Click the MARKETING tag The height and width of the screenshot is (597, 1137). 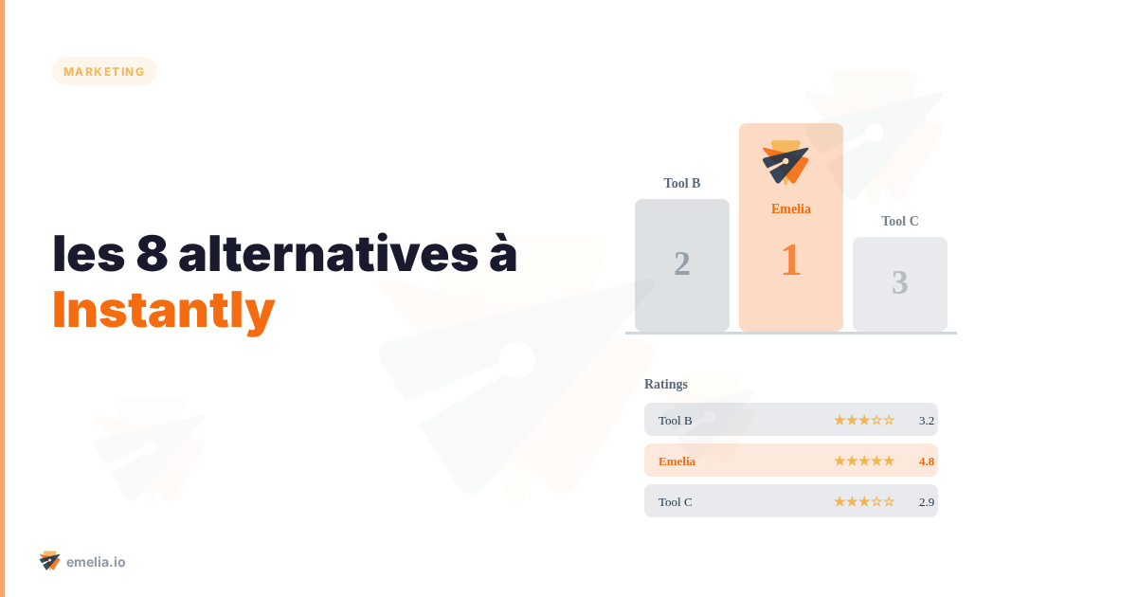click(x=104, y=71)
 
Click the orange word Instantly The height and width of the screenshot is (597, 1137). click(x=163, y=309)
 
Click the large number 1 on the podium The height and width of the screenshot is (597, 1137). click(x=790, y=261)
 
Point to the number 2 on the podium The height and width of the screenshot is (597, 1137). click(x=682, y=263)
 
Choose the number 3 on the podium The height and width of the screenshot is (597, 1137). click(x=899, y=282)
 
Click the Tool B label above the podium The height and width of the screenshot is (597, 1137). click(x=682, y=183)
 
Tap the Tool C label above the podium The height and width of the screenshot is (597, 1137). click(x=899, y=221)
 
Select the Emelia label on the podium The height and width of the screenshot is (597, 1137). click(x=790, y=208)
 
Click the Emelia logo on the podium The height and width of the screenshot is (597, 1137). click(x=785, y=162)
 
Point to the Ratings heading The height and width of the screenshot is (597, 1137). click(x=666, y=384)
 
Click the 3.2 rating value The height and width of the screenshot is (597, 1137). click(x=926, y=420)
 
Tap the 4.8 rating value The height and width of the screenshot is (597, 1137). click(x=926, y=461)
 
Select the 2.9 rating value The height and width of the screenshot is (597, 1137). click(x=926, y=501)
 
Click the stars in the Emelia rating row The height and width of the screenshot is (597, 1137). click(x=863, y=461)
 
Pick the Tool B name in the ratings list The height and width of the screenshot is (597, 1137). click(x=675, y=420)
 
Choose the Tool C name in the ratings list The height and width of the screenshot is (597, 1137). click(x=675, y=501)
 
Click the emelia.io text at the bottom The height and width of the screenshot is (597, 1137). click(x=96, y=562)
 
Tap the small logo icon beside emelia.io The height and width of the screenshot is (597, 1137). click(x=50, y=560)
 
